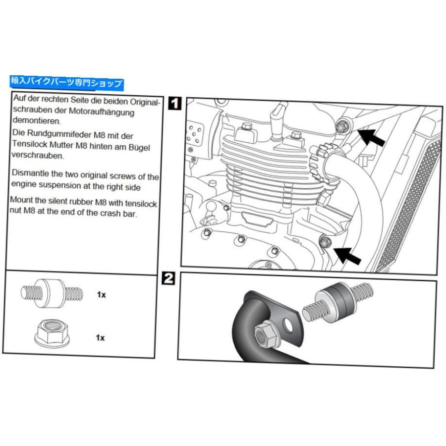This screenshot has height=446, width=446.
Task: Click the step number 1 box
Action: pos(174,103)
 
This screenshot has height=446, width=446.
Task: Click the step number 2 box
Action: pos(168,278)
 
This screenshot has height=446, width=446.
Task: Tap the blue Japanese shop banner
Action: pos(67,83)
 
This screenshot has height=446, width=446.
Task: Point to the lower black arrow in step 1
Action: pos(347,255)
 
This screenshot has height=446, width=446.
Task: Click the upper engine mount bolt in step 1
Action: pos(341,126)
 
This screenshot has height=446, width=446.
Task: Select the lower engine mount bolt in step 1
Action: pos(324,243)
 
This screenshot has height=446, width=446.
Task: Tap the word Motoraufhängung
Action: pos(101,112)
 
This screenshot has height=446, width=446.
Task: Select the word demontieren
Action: pos(36,120)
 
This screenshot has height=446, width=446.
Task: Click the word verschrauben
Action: pos(38,155)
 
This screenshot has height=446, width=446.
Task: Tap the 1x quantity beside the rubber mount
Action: pos(101,294)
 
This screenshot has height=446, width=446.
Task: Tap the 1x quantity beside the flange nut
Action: pos(100,337)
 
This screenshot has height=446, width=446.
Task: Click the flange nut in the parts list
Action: pos(53,333)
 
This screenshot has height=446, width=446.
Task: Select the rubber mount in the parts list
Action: pos(52,293)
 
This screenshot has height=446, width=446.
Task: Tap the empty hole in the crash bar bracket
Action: pos(288,326)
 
